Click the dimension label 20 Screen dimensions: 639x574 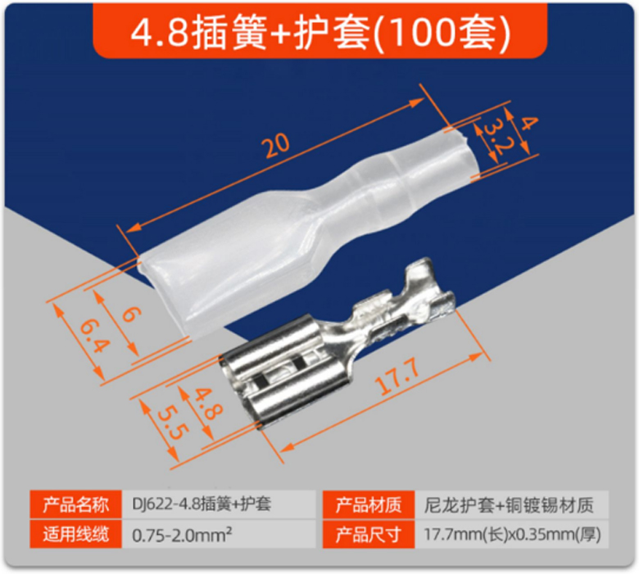pos(277,145)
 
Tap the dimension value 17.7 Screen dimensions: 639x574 pos(398,377)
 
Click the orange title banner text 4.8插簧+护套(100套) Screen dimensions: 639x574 pos(320,33)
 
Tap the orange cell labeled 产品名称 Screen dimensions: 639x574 pos(76,504)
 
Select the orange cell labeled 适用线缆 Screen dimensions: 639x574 pos(76,534)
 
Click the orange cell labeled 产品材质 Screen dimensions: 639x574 pos(368,504)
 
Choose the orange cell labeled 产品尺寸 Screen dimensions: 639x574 pos(368,534)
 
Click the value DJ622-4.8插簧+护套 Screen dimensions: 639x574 pos(202,504)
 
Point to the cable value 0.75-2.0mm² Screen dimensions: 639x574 pos(182,534)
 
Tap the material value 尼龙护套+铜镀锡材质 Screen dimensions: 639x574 pos(509,504)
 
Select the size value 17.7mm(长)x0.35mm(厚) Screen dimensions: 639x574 pos(512,534)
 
